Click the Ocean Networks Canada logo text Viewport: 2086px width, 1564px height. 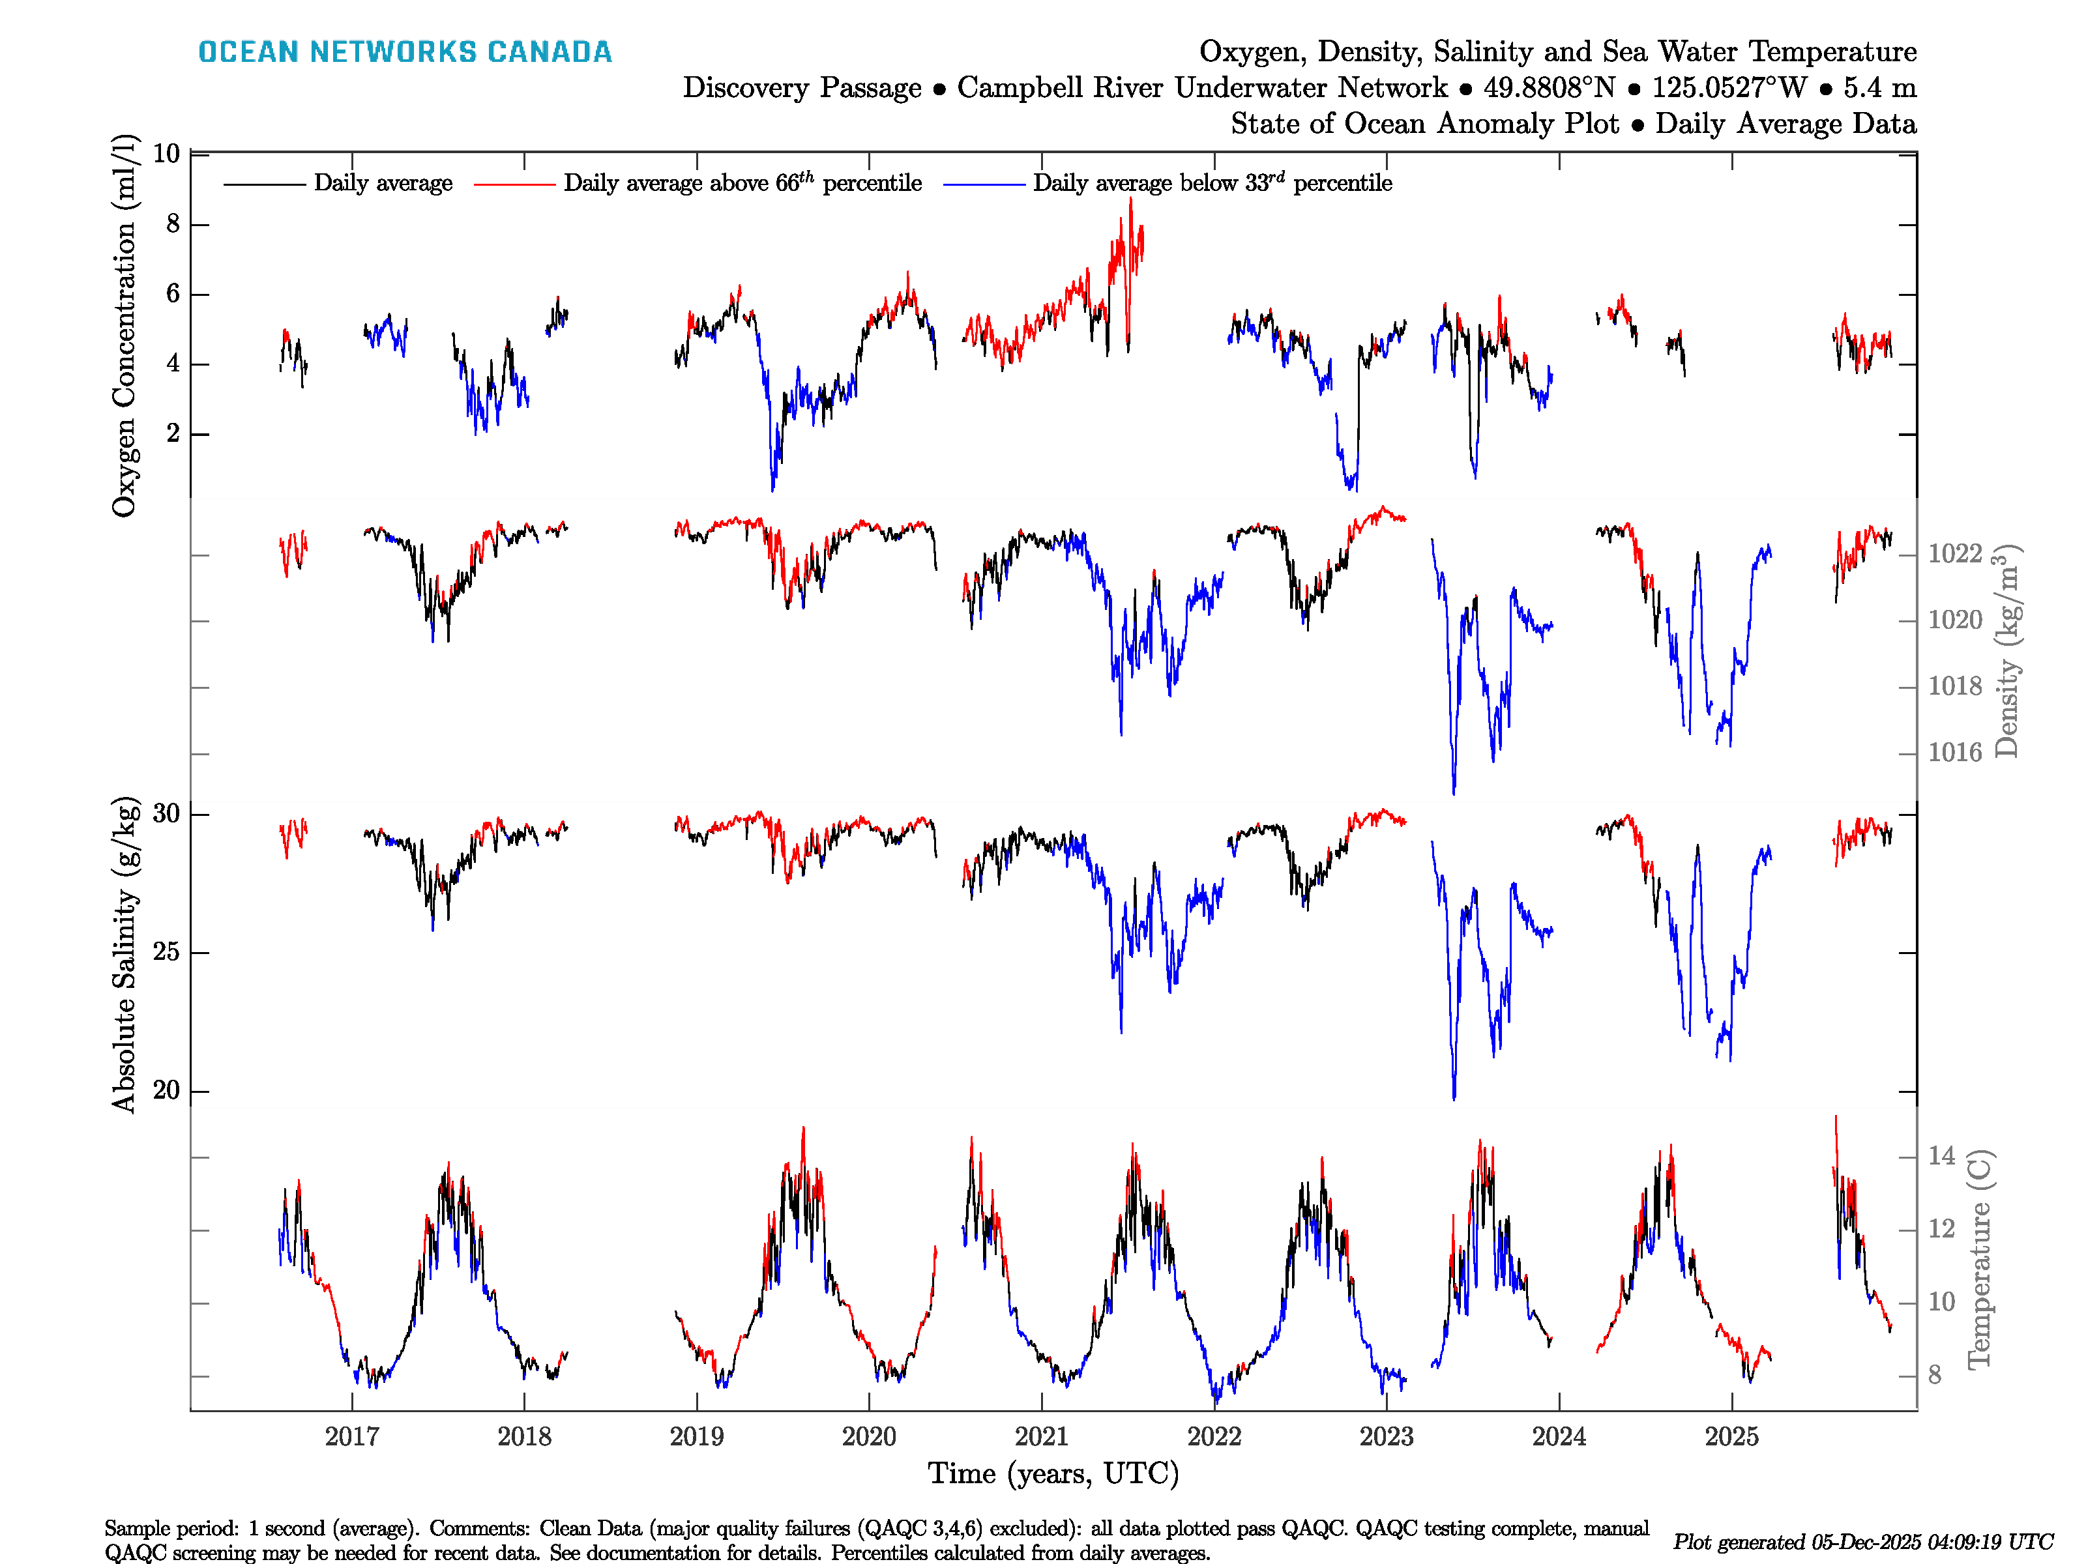(x=405, y=52)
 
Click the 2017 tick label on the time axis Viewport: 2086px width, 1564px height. (x=352, y=1437)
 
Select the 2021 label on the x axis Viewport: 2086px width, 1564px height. (x=1041, y=1437)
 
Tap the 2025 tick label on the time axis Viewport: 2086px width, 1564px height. (x=1731, y=1437)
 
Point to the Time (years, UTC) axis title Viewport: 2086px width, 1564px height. (x=1053, y=1473)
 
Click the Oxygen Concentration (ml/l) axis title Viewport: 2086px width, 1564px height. (x=125, y=325)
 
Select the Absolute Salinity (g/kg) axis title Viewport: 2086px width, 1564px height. (x=125, y=955)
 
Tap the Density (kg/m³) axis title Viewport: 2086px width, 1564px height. (x=2006, y=650)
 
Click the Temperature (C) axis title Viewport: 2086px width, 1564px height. (x=1978, y=1258)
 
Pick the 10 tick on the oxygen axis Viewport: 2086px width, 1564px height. (x=166, y=154)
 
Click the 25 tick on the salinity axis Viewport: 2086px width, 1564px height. (x=166, y=952)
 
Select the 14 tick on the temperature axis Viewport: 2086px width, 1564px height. (x=1941, y=1156)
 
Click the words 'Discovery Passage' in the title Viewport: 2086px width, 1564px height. (x=802, y=88)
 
